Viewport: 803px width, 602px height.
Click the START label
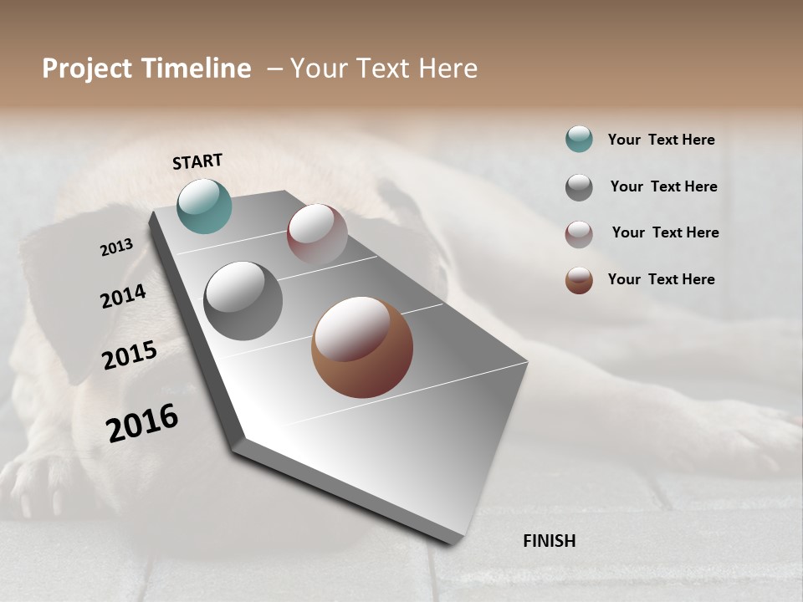[x=197, y=161]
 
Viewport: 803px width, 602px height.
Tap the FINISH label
[x=550, y=541]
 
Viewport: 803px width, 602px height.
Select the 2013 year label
[x=116, y=247]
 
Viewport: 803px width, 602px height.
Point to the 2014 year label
[x=123, y=297]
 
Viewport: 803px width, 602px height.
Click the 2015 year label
[x=130, y=355]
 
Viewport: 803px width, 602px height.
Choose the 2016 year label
[x=142, y=423]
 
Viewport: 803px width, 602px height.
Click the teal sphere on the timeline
[x=204, y=206]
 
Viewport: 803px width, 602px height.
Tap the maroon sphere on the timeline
[x=317, y=234]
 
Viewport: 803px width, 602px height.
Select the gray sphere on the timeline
[x=243, y=301]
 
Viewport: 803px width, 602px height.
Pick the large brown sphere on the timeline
[x=362, y=347]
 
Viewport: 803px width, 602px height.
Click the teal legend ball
[x=579, y=139]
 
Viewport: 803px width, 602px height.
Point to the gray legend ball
[x=579, y=187]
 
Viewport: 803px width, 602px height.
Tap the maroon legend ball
[x=579, y=234]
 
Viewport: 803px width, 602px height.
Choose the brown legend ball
[x=579, y=280]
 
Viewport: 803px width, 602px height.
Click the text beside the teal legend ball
[x=661, y=140]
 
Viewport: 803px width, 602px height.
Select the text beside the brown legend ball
[x=661, y=279]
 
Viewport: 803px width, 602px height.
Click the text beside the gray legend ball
[x=663, y=186]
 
